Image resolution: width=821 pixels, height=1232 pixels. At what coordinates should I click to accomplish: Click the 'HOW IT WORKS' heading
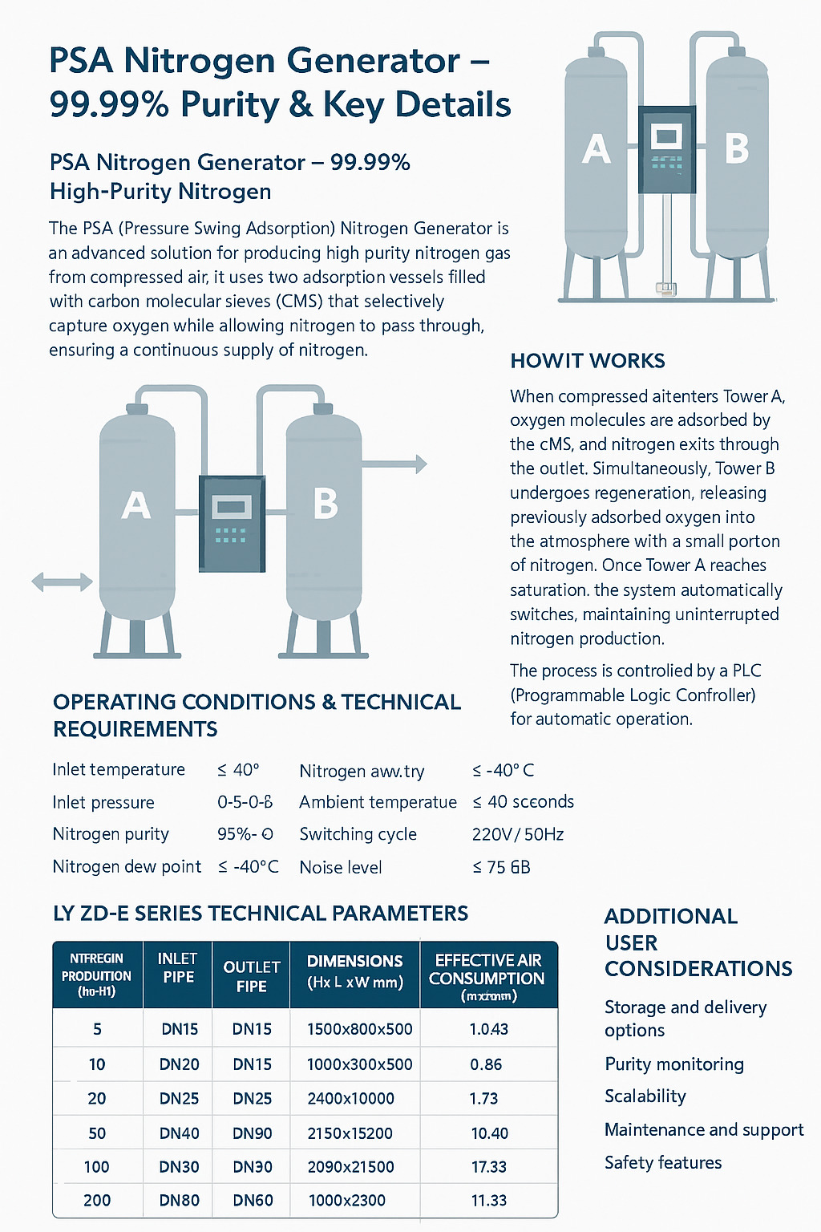click(x=588, y=361)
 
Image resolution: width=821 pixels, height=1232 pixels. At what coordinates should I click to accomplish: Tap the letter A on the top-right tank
click(x=596, y=149)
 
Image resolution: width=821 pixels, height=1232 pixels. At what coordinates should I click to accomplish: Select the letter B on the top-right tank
click(x=736, y=148)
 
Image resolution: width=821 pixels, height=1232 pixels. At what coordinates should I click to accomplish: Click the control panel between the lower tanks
click(x=232, y=523)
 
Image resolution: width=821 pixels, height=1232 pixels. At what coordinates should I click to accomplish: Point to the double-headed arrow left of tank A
click(x=62, y=582)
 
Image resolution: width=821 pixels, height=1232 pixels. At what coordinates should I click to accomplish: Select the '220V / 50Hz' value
click(x=518, y=834)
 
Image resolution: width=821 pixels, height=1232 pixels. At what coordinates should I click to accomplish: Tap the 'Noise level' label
click(x=341, y=867)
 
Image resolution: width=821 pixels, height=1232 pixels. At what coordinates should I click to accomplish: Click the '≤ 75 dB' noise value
click(x=501, y=867)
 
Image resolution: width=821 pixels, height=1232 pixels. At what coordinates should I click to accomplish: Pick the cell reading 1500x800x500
click(x=360, y=1029)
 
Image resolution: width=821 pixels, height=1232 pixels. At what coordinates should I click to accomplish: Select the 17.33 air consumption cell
click(x=489, y=1167)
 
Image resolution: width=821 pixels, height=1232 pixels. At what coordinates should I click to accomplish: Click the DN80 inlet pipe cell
click(x=179, y=1201)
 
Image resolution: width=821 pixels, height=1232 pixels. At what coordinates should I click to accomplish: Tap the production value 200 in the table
click(x=97, y=1201)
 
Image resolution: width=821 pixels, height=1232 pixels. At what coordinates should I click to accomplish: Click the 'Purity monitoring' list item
click(x=674, y=1064)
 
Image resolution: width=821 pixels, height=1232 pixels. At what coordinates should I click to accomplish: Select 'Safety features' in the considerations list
click(x=663, y=1162)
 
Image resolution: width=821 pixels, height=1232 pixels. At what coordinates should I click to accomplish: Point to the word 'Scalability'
click(x=645, y=1096)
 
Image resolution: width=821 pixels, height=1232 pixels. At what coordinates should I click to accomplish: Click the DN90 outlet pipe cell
click(x=253, y=1133)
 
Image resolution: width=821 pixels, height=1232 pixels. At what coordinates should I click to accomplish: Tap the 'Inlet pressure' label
click(x=103, y=802)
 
